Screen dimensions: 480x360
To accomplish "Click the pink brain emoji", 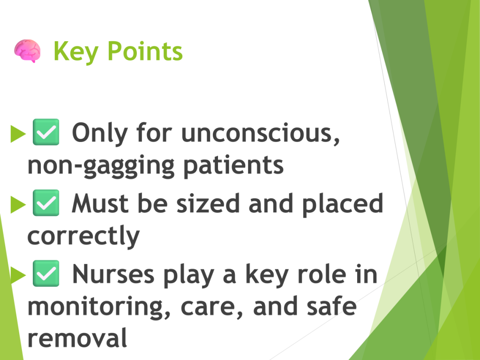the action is click(27, 51).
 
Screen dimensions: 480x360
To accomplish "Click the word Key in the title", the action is click(76, 52).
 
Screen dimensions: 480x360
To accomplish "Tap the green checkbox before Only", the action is click(46, 132).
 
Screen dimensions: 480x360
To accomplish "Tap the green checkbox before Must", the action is click(46, 202).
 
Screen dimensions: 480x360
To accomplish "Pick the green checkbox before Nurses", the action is click(46, 273).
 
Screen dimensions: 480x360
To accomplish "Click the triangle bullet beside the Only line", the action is click(18, 134).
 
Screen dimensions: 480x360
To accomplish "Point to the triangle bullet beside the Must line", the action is click(18, 204).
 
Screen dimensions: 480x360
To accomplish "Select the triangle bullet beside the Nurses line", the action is click(18, 275).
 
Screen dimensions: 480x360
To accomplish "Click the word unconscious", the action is click(261, 134).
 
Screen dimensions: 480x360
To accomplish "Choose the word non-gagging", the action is click(101, 166).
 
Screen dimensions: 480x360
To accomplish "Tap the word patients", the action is click(233, 165).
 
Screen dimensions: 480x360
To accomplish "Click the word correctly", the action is click(83, 236).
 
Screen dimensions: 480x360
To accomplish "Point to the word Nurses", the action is click(113, 274).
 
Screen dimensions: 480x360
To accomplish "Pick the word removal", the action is click(77, 337).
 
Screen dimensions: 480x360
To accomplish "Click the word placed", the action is click(343, 204).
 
